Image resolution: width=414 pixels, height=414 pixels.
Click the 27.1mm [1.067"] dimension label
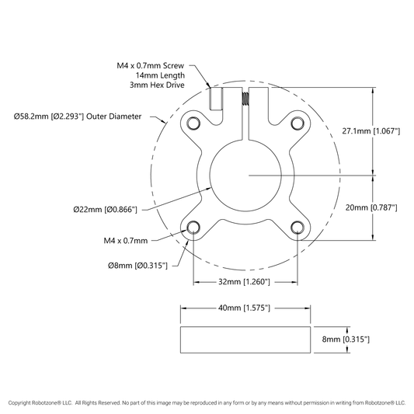[x=371, y=131]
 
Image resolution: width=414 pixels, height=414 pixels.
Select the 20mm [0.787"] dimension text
[x=371, y=208]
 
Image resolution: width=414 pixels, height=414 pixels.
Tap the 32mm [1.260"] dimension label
[x=244, y=282]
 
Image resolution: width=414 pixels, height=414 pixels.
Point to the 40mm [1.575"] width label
[x=244, y=308]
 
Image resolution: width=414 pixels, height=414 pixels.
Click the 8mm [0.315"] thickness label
[x=346, y=339]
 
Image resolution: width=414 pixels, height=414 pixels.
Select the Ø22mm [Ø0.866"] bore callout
[x=106, y=210]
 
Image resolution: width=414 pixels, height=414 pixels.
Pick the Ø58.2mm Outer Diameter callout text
[x=78, y=117]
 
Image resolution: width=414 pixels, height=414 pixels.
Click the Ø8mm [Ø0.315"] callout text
[x=137, y=266]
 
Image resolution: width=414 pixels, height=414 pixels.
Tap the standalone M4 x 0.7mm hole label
[x=126, y=241]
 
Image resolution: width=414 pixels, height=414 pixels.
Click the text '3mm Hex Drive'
[x=157, y=85]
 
